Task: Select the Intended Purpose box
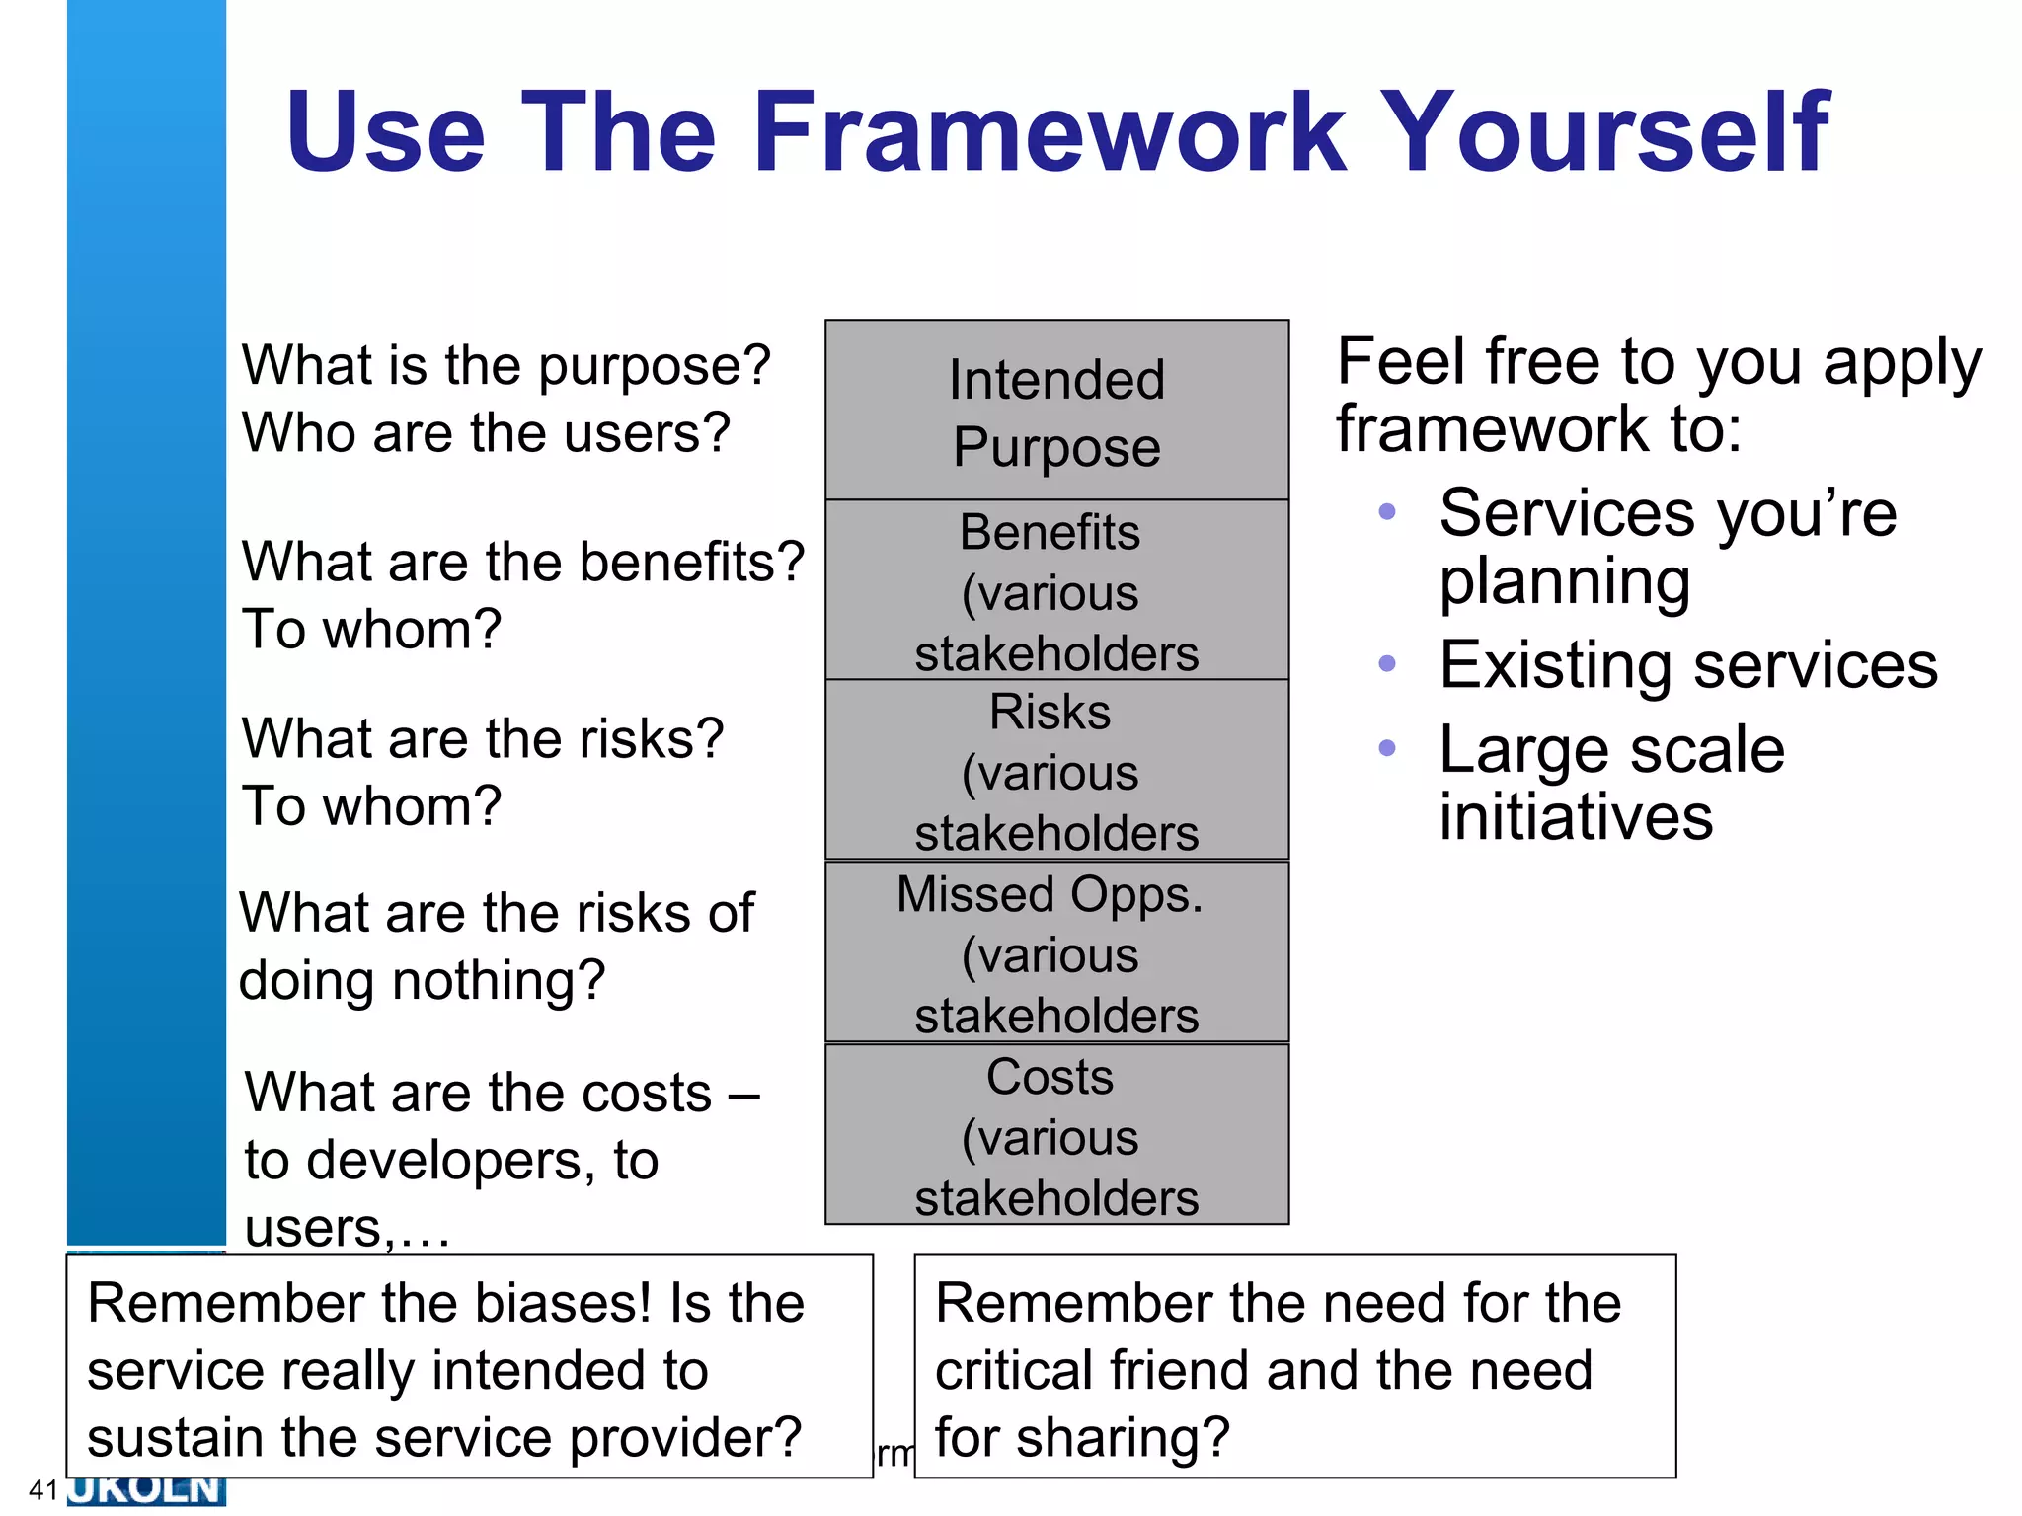[1056, 412]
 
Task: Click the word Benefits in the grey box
[1050, 532]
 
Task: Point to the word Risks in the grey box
[1050, 712]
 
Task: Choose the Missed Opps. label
[1050, 894]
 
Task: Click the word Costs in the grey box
[1050, 1076]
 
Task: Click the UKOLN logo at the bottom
[146, 1489]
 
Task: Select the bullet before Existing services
[1386, 663]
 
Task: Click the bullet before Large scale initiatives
[1386, 748]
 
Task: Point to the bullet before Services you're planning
[1386, 511]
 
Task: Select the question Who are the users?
[486, 432]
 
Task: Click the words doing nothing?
[422, 980]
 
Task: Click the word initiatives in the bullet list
[1576, 817]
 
